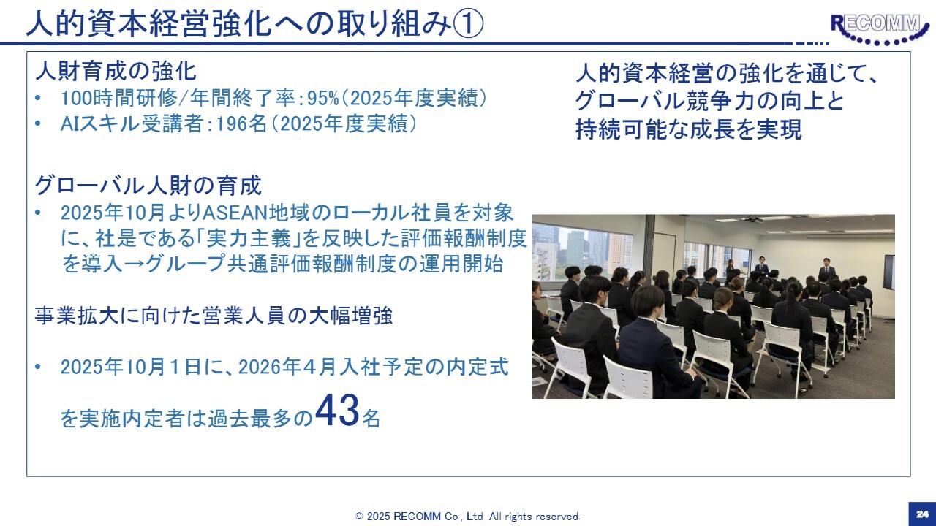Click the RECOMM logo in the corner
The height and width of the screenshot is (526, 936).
click(877, 29)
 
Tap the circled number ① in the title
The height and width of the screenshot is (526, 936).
click(468, 23)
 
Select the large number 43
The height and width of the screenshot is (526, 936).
click(337, 411)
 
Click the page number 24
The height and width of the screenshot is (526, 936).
click(922, 514)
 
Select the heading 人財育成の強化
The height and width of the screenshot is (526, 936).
click(116, 72)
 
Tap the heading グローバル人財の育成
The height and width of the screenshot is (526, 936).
click(148, 186)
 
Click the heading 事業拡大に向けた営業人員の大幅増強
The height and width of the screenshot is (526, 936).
click(214, 316)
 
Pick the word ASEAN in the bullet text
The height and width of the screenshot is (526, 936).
click(235, 213)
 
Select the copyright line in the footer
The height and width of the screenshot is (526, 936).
click(467, 517)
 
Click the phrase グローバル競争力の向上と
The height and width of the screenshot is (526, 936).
click(710, 101)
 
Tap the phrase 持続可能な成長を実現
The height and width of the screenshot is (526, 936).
click(689, 129)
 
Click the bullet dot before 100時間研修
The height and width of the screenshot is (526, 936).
click(38, 99)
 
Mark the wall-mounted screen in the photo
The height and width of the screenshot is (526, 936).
click(888, 272)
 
